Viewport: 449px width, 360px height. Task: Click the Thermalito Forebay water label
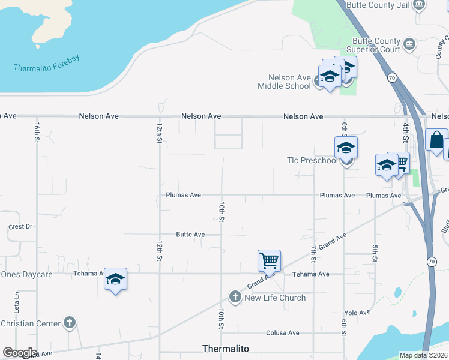(47, 64)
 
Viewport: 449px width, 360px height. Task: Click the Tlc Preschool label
(312, 160)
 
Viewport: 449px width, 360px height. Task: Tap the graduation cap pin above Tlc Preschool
(346, 147)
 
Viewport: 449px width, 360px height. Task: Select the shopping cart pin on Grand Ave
(269, 260)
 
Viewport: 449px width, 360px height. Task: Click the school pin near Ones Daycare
(115, 279)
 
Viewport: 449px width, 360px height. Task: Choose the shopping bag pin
(436, 139)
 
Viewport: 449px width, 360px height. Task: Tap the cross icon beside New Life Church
(235, 296)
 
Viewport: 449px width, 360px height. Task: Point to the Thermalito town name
(226, 349)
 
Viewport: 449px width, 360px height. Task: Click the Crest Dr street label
(20, 227)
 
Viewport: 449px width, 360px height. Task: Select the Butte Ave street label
(190, 235)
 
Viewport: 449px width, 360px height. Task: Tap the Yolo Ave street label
(357, 313)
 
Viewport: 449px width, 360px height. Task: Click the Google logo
(19, 352)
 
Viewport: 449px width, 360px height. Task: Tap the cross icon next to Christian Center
(70, 323)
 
